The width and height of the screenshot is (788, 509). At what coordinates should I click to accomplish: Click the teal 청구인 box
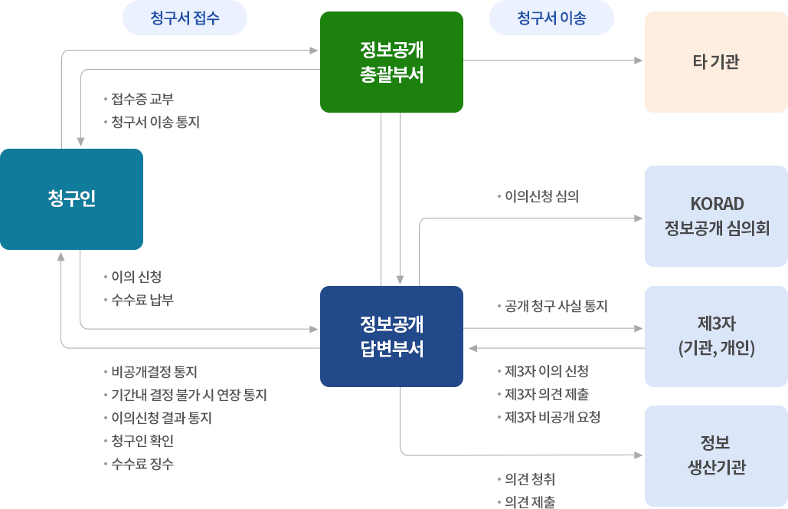coord(71,199)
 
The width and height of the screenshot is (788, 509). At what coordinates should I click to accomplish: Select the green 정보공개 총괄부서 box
coord(391,61)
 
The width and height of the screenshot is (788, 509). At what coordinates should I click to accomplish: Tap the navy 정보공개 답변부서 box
coord(391,336)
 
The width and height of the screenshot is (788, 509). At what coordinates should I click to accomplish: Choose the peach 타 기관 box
coord(715,62)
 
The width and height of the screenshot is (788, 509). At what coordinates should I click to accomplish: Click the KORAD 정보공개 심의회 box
coord(715,215)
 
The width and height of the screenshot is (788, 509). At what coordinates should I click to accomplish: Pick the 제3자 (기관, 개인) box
coord(715,336)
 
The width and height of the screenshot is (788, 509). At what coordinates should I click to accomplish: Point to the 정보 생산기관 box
coord(715,455)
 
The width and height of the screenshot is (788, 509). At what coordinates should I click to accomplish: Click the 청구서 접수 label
coord(185,18)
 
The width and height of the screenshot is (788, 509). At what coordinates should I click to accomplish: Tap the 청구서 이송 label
coord(551,18)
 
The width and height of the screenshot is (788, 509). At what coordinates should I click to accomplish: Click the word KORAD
coord(717,204)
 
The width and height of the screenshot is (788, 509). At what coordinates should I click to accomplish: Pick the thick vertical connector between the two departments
coord(376,199)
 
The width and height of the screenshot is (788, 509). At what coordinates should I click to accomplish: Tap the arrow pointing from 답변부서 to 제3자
coord(551,328)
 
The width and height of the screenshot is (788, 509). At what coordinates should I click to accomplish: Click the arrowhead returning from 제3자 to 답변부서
coord(472,348)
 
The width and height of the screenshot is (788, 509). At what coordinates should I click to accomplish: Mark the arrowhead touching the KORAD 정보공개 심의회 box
coord(638,218)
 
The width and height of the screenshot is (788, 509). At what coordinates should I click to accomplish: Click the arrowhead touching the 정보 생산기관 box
coord(638,455)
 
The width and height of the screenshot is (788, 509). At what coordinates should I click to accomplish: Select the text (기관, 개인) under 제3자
coord(717,348)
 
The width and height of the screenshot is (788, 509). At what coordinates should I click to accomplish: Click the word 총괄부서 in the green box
coord(391,75)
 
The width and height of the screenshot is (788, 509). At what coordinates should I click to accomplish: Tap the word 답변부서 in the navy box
coord(391,349)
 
